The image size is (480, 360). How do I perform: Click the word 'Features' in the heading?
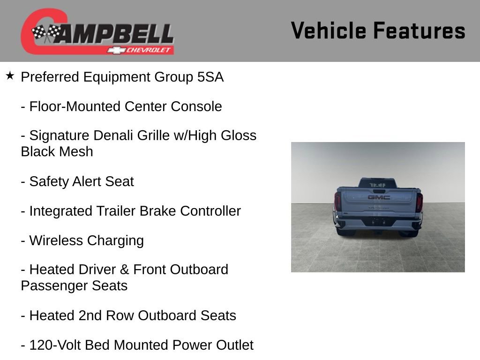point(419,31)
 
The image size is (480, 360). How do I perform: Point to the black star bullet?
point(10,76)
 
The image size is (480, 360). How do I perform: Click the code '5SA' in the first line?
point(210,77)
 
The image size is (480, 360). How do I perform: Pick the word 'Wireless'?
point(55,241)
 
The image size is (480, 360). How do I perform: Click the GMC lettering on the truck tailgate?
point(378,197)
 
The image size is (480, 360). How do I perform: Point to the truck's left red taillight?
point(337,202)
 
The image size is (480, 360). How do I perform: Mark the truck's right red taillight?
point(419,202)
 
